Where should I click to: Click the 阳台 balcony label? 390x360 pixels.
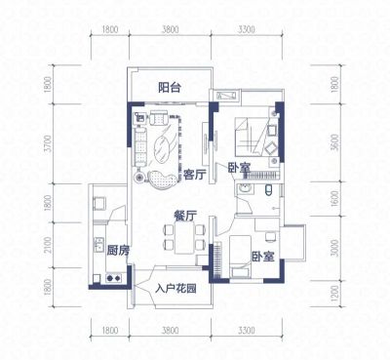[x=170, y=88]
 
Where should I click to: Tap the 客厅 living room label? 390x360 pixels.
[x=194, y=176]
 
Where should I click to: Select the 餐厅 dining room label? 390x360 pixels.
[x=185, y=216]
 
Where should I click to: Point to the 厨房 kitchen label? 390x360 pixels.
[x=118, y=251]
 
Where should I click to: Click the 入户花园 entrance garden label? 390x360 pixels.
[x=175, y=289]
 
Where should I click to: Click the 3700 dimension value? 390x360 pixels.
[x=48, y=143]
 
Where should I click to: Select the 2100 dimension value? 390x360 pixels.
[x=48, y=245]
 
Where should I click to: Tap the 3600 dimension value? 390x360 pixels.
[x=335, y=142]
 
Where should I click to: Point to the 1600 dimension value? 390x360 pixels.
[x=335, y=198]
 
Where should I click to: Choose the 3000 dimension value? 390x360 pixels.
[x=335, y=248]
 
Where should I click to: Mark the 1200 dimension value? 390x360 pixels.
[x=335, y=294]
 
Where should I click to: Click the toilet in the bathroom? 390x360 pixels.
[x=268, y=190]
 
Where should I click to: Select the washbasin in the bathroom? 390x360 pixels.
[x=244, y=188]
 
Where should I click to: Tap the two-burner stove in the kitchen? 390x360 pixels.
[x=114, y=278]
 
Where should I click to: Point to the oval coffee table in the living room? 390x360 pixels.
[x=162, y=150]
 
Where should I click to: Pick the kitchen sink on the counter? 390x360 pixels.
[x=98, y=245]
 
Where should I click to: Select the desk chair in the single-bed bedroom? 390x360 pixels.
[x=270, y=237]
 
